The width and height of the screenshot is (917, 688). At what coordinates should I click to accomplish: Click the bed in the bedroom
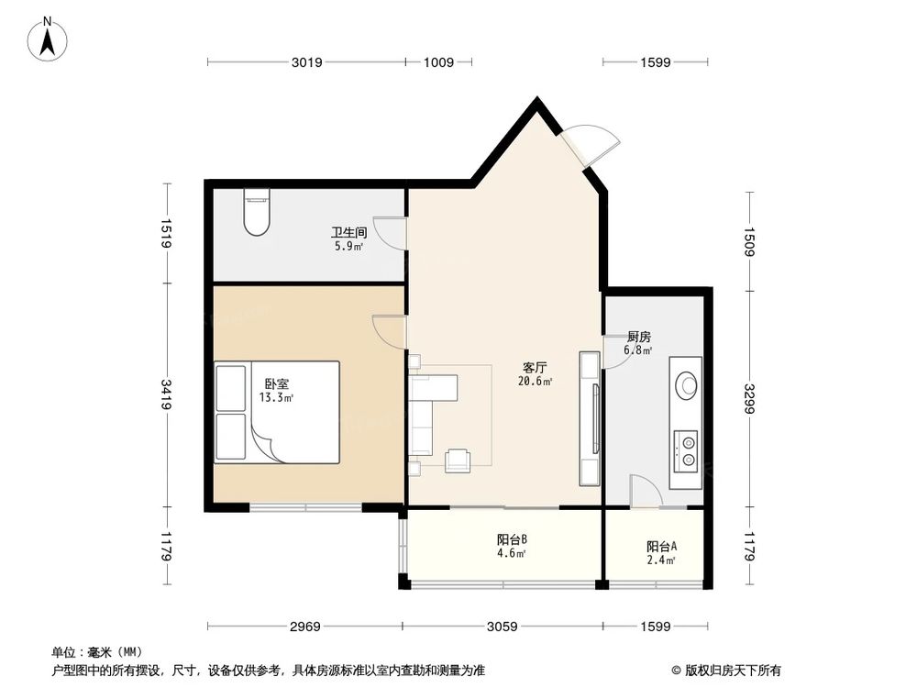point(277,411)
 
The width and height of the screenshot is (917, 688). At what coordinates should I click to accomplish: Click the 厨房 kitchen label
point(638,337)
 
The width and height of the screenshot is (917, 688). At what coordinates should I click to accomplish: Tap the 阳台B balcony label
point(511,540)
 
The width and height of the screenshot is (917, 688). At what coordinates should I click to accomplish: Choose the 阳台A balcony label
point(661,546)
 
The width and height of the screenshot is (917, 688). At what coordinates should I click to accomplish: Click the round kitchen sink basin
point(685,385)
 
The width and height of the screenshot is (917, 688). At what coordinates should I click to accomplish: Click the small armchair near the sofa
point(458,461)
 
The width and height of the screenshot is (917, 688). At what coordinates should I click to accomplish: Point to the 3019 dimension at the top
point(307,62)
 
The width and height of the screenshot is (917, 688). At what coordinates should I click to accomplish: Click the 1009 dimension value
point(438,62)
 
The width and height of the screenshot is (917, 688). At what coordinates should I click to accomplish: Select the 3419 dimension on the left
point(166,397)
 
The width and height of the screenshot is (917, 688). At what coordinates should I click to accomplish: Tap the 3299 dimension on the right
point(749,397)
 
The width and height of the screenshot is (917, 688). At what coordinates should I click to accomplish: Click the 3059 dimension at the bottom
point(503,627)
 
